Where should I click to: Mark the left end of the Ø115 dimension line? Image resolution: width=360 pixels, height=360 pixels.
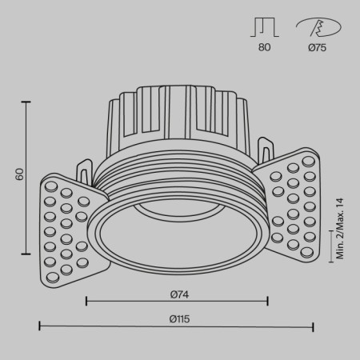(40, 326)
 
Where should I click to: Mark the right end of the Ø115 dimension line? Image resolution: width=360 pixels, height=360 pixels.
(313, 326)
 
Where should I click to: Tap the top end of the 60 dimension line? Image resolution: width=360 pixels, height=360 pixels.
(29, 102)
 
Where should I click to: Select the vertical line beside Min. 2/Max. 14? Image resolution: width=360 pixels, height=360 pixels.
(330, 247)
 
